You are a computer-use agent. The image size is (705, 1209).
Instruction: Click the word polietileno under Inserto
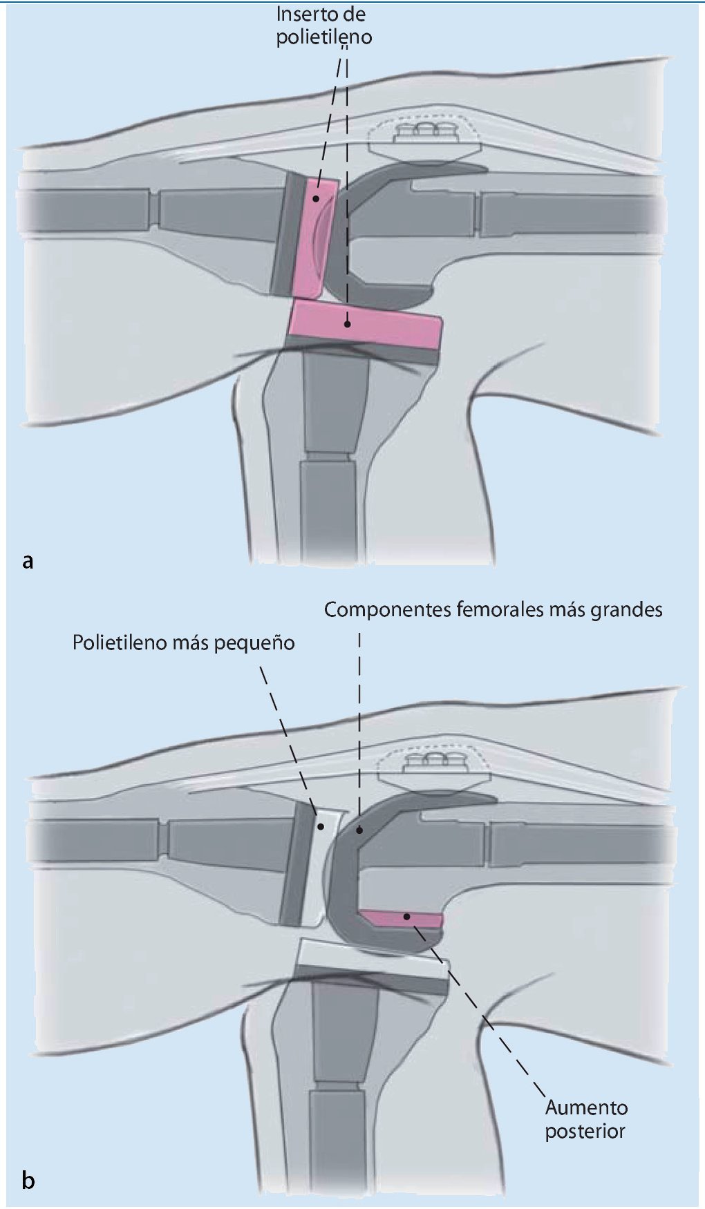point(324,37)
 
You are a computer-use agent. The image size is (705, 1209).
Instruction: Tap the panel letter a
point(28,560)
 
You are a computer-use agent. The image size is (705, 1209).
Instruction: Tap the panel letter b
point(28,1180)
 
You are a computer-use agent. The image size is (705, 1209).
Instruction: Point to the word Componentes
point(388,610)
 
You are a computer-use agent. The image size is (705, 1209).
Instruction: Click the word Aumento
point(586,1107)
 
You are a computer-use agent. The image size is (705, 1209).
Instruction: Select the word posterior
point(585,1132)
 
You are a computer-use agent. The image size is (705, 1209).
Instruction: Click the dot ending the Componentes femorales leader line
point(359,830)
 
